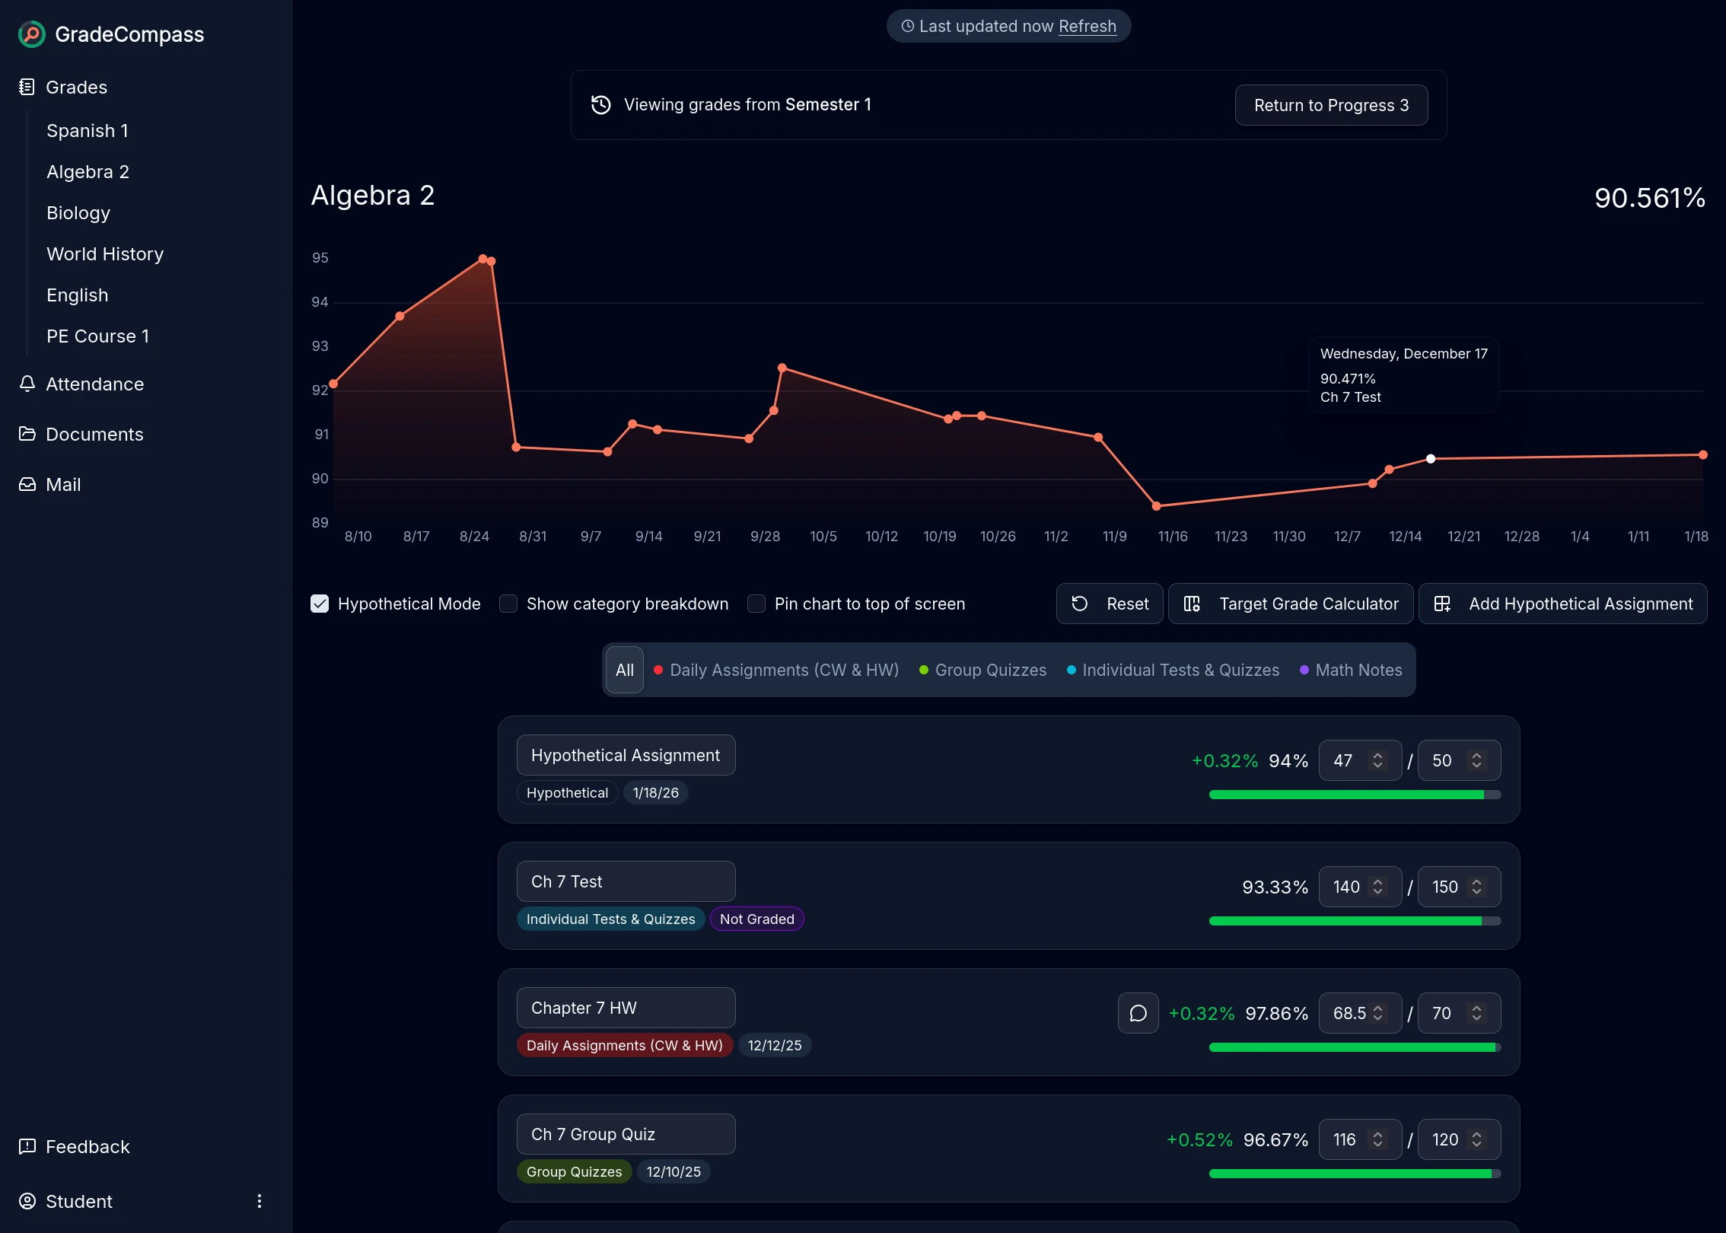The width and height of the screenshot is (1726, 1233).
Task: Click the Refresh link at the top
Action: [x=1087, y=27]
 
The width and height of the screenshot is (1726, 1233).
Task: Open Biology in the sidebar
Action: [x=78, y=213]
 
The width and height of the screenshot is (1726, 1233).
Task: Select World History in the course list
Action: [x=105, y=254]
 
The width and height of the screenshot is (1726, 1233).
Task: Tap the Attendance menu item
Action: [x=94, y=384]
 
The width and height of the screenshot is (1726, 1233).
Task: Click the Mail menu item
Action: [x=62, y=485]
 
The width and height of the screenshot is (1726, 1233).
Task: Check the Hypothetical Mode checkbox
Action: [x=320, y=604]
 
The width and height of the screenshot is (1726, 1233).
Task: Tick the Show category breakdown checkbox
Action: [x=508, y=604]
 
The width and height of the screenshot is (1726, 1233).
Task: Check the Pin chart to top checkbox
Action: [x=756, y=604]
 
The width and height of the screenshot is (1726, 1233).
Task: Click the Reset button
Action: [x=1109, y=604]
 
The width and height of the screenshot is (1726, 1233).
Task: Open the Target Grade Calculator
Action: [x=1291, y=604]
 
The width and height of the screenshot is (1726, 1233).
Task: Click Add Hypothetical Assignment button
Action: [x=1562, y=604]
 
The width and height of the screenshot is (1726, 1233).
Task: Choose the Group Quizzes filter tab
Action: [x=982, y=671]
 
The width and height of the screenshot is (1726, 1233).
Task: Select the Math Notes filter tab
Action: [x=1351, y=671]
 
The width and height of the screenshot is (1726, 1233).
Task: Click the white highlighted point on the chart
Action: [x=1431, y=459]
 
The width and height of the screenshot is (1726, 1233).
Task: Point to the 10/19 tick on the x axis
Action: [x=940, y=537]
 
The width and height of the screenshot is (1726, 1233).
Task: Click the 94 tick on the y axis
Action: [x=320, y=302]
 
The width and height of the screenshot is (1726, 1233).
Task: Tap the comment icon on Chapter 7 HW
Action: [x=1138, y=1014]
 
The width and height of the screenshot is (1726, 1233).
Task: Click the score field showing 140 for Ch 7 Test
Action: [x=1346, y=887]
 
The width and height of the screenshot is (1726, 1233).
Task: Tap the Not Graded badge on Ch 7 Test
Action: [x=756, y=919]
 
